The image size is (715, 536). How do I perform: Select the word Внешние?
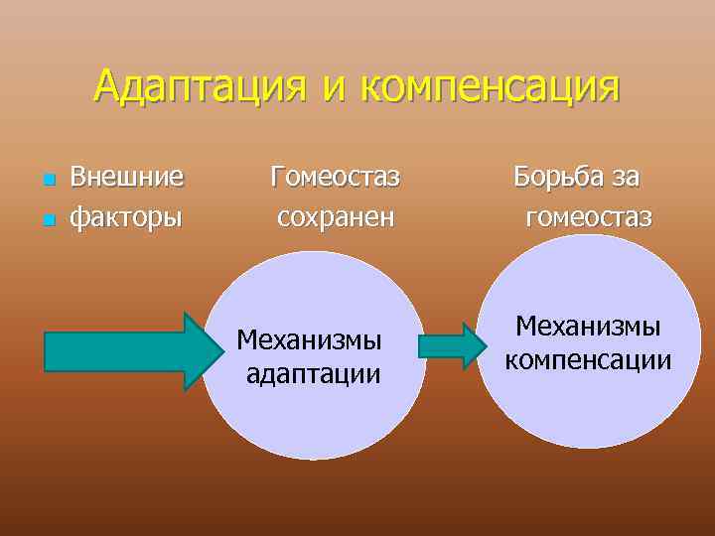click(127, 178)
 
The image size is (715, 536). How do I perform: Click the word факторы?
click(126, 215)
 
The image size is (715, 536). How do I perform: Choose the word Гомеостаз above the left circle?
click(335, 178)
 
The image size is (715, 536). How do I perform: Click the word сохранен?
click(336, 215)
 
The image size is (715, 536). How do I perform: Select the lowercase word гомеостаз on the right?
click(589, 215)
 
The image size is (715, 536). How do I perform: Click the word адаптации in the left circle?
click(312, 374)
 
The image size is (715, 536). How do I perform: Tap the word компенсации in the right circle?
click(588, 358)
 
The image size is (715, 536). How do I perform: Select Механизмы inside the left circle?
click(309, 340)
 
